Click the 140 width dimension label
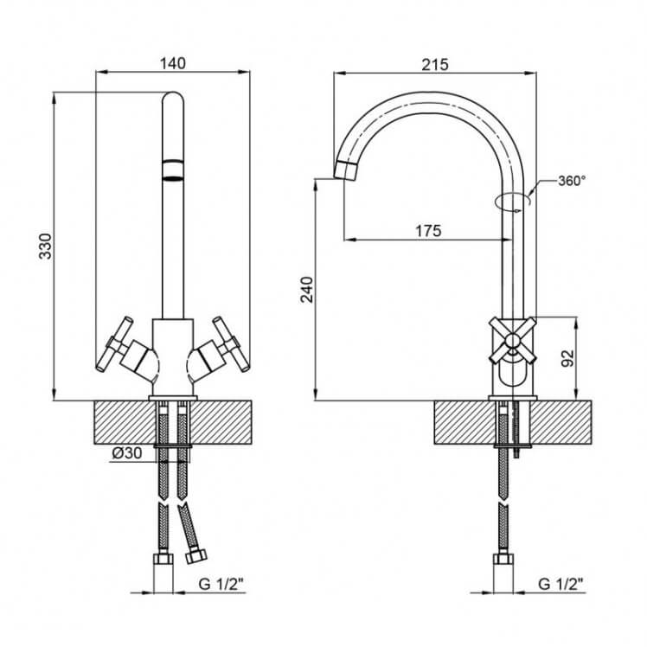click(173, 63)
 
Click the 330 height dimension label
click(45, 247)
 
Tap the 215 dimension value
click(434, 64)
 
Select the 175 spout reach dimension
click(428, 231)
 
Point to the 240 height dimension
click(307, 290)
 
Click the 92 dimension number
click(568, 358)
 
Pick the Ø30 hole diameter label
click(126, 453)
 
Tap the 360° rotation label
click(572, 181)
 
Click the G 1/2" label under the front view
click(221, 584)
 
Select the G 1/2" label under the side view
click(561, 584)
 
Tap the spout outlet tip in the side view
click(346, 170)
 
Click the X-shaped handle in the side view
click(512, 341)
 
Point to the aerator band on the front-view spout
click(172, 170)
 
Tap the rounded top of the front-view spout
click(172, 98)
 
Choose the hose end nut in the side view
click(503, 560)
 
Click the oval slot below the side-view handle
click(512, 373)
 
